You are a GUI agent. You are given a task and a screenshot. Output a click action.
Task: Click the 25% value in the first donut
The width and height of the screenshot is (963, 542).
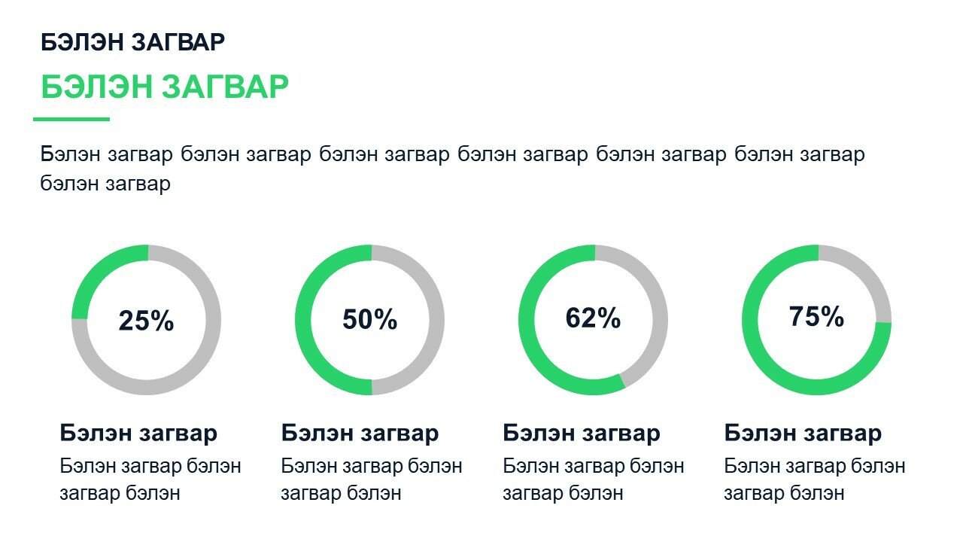[146, 321]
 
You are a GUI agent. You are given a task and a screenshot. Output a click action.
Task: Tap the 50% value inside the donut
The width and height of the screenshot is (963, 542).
[369, 320]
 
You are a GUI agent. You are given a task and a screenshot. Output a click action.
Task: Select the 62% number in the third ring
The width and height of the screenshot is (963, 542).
[593, 318]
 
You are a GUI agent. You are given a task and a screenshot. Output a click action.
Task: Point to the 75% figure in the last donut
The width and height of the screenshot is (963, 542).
[816, 317]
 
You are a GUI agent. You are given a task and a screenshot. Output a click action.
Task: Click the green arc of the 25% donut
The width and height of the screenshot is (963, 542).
[94, 266]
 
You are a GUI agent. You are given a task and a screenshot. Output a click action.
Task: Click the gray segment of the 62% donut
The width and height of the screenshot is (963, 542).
[657, 301]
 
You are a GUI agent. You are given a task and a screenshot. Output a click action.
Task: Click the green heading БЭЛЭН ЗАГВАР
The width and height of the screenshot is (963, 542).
[165, 87]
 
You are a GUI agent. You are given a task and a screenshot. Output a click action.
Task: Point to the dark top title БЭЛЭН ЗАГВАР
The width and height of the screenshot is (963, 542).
[132, 42]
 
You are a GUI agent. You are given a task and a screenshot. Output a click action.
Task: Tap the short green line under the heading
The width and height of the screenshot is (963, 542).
[71, 119]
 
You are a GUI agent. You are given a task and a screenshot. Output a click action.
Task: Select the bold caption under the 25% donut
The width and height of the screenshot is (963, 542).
[138, 433]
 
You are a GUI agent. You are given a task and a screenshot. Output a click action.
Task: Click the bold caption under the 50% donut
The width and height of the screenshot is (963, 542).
[360, 433]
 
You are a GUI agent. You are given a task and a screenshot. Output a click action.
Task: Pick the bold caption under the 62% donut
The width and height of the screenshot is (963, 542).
[582, 433]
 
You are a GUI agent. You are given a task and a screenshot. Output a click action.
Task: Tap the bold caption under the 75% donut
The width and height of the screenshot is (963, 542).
[803, 433]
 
